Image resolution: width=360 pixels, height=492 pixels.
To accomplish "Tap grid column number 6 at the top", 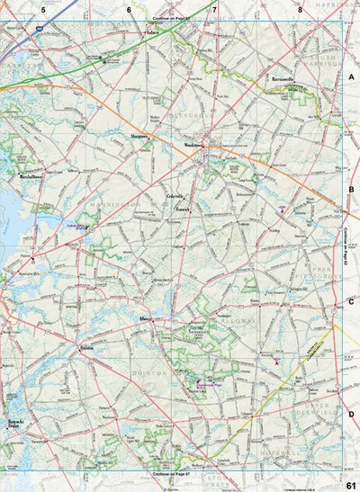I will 129,9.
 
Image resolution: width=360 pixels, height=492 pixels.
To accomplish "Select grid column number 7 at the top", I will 214,9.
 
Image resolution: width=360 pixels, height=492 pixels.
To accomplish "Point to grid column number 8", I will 300,9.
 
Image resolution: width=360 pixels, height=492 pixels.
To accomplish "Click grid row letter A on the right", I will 351,78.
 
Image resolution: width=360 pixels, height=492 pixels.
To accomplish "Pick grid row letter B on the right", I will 351,190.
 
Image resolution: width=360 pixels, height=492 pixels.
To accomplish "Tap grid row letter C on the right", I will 351,301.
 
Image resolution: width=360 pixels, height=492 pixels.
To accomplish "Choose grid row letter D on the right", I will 351,413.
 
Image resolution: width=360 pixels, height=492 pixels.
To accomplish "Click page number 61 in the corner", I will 350,486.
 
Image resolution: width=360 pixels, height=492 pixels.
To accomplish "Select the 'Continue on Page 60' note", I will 173,19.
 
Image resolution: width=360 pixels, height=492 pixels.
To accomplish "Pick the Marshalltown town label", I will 31,176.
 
